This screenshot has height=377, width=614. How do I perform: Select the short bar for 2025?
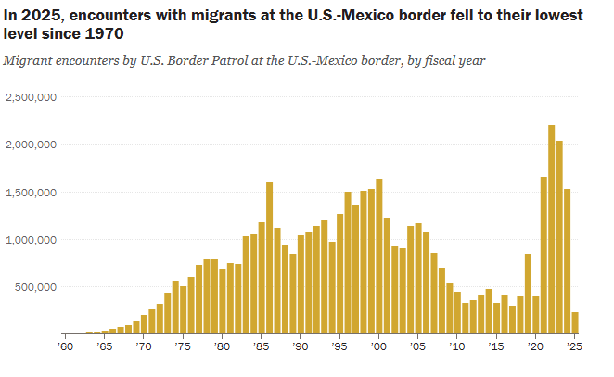[575, 322]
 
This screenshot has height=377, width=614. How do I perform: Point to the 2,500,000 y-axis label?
[32, 97]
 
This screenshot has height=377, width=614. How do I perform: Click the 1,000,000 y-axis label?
[32, 239]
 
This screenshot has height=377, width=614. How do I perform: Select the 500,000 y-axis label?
[38, 287]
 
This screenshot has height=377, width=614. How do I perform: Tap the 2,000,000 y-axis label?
[32, 145]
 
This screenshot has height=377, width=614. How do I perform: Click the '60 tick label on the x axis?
[64, 346]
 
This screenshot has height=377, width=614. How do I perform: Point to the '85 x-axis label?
[261, 346]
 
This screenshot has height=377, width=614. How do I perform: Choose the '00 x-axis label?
[378, 346]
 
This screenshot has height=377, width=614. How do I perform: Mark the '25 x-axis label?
[574, 346]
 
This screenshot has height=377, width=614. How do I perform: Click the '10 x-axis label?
[456, 346]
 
